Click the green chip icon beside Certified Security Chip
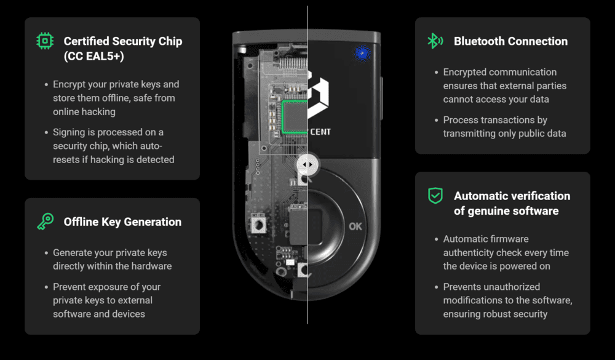[45, 41]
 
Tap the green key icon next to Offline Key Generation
[45, 222]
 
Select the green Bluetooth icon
[435, 41]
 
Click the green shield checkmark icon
[435, 196]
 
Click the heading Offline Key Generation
[122, 222]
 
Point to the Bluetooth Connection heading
[510, 41]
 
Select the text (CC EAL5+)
[94, 56]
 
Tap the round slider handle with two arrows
[307, 165]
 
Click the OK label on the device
[355, 226]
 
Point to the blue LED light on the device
[362, 54]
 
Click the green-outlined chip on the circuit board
[295, 117]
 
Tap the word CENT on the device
[321, 131]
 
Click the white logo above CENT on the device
[319, 98]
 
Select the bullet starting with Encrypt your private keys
[116, 98]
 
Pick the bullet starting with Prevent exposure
[107, 300]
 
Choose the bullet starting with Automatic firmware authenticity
[506, 252]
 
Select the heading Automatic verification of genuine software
[512, 203]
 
